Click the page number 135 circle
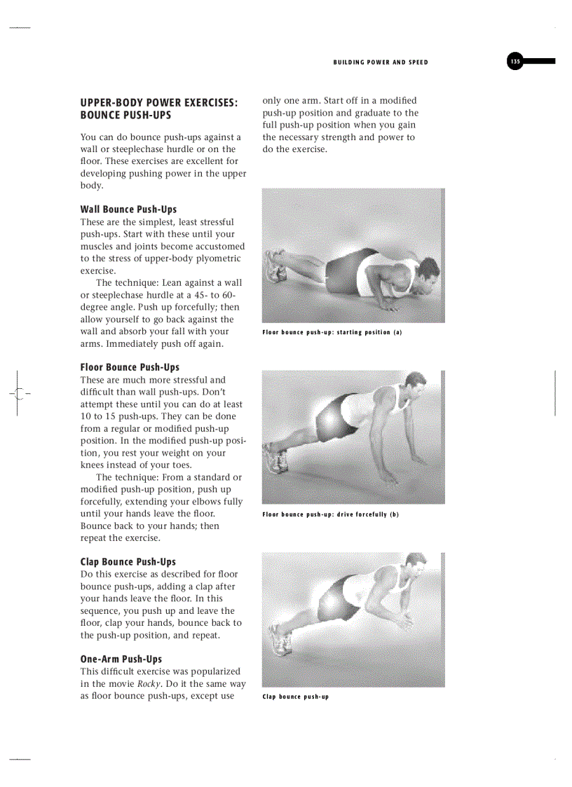515,62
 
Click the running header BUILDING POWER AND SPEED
381,62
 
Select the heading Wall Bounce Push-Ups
128,210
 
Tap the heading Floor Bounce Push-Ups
130,367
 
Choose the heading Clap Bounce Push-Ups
128,562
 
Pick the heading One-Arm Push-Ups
121,659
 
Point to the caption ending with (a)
332,332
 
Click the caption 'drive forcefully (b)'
330,514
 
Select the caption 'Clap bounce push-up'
295,697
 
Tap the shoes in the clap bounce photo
280,640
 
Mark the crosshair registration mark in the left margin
18,393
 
